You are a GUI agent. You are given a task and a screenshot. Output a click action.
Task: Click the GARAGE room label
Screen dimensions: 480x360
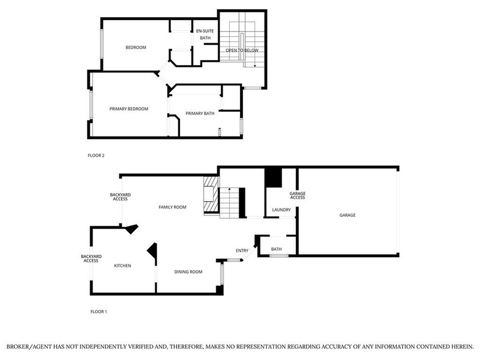[x=347, y=215]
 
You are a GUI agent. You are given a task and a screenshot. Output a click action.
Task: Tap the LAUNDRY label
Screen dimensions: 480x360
[x=281, y=210]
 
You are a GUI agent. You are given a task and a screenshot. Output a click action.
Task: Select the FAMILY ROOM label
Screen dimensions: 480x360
[x=173, y=207]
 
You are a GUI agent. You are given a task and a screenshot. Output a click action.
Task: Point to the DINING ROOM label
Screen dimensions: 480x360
[x=188, y=272]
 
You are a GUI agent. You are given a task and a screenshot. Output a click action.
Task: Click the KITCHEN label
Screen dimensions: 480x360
[x=122, y=266]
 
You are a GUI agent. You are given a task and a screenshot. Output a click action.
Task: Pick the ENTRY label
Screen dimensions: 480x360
[x=242, y=251]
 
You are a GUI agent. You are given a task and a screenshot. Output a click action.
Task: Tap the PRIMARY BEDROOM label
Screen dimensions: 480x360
[x=129, y=109]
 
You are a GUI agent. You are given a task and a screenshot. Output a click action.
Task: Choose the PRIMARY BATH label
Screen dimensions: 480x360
[x=200, y=114]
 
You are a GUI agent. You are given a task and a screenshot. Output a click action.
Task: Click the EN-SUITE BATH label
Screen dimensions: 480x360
[x=205, y=34]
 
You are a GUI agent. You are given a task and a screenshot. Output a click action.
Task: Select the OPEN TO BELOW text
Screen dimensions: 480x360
[x=242, y=50]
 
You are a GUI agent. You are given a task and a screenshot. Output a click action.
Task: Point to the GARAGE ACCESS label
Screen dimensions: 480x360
[x=298, y=195]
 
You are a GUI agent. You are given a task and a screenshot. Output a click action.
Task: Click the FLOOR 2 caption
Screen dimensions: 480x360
[x=96, y=155]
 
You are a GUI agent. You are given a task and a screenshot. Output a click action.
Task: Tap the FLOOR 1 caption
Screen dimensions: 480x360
[x=98, y=311]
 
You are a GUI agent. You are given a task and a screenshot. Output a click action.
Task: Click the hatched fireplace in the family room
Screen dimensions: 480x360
[x=211, y=194]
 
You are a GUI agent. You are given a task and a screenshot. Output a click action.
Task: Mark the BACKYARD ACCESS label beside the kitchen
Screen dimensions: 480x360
[x=91, y=259]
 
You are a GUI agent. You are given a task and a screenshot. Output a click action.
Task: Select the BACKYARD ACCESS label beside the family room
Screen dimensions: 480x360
[x=121, y=197]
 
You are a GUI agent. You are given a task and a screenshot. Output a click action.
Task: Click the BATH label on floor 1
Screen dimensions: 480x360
[x=277, y=249]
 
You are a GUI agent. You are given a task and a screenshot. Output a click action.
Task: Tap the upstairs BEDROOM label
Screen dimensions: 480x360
[x=135, y=47]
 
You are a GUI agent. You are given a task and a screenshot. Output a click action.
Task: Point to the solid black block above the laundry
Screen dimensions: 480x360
[x=273, y=178]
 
